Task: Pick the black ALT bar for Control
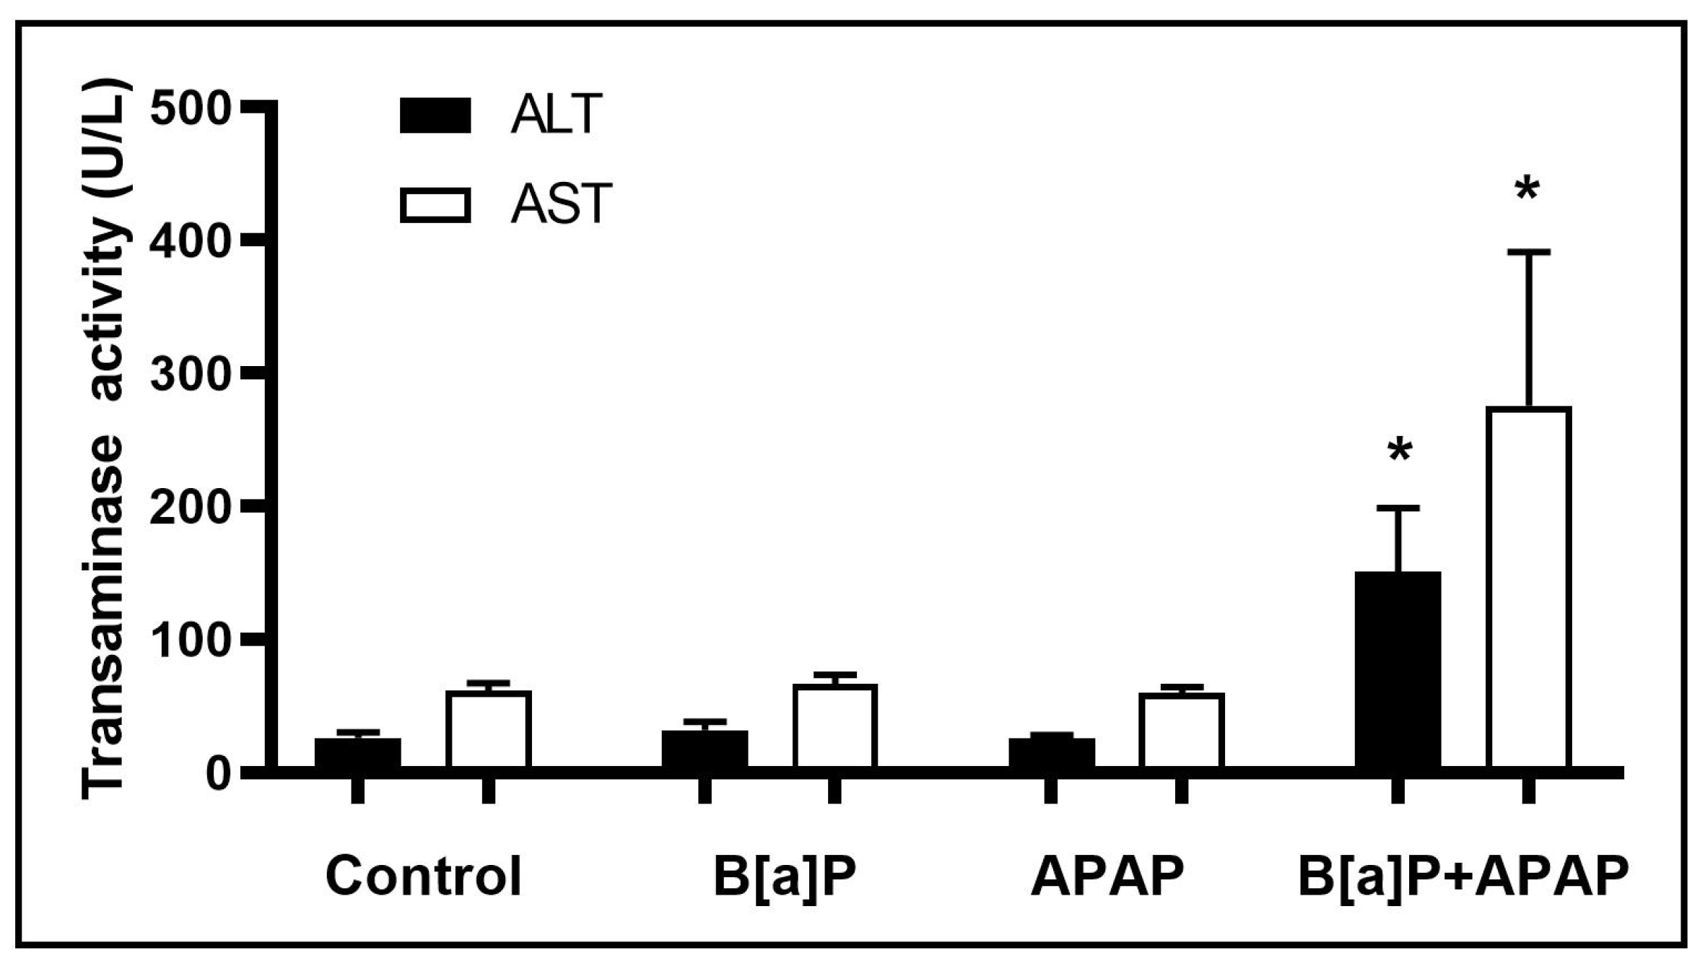pos(357,752)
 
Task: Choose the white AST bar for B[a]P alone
pos(834,725)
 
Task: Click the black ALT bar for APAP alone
pos(1051,752)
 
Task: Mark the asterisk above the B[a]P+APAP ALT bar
pos(1399,452)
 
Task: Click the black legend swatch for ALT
pos(435,116)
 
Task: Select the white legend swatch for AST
pos(435,205)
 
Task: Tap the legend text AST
pos(561,205)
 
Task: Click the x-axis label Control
pos(423,877)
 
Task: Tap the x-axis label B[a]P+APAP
pos(1463,877)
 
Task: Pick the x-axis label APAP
pos(1107,877)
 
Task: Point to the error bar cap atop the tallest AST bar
pos(1527,252)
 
